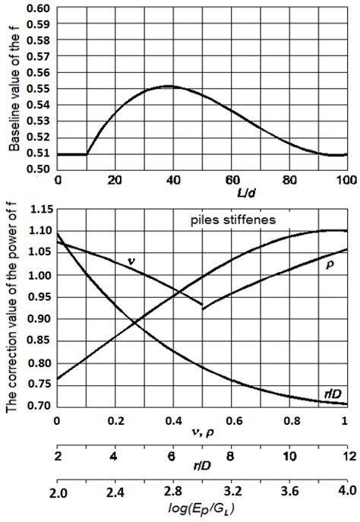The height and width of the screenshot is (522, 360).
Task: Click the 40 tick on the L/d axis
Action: point(173,182)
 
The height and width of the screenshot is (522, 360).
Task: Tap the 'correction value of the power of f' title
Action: point(14,308)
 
